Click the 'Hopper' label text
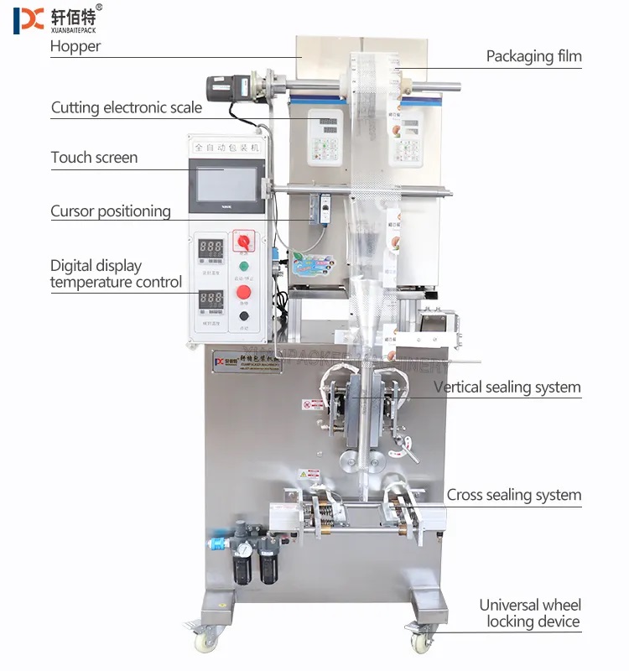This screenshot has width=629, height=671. pyautogui.click(x=75, y=46)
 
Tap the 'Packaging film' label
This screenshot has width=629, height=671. pyautogui.click(x=533, y=57)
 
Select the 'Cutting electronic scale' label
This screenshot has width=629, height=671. pyautogui.click(x=127, y=107)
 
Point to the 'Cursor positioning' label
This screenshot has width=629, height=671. pyautogui.click(x=111, y=211)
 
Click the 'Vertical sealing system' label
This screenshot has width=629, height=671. pyautogui.click(x=507, y=387)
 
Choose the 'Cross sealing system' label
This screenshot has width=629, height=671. pyautogui.click(x=513, y=495)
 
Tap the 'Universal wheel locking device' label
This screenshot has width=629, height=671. pyautogui.click(x=529, y=613)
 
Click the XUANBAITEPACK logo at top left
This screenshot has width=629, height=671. pyautogui.click(x=55, y=19)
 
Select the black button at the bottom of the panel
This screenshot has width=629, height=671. pyautogui.click(x=244, y=316)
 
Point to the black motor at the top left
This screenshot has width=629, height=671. pyautogui.click(x=228, y=86)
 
